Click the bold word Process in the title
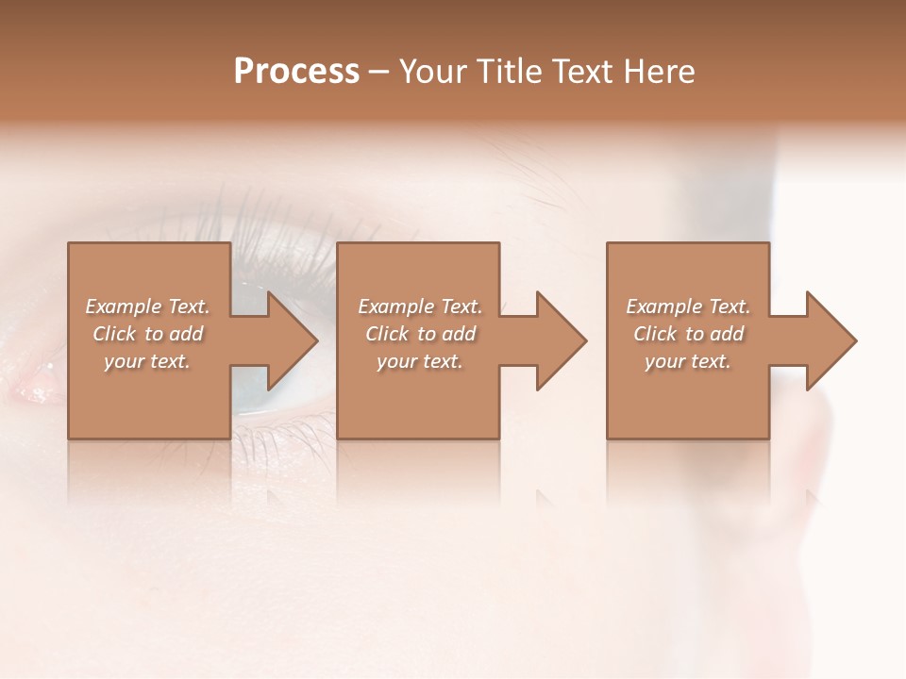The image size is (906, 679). tap(296, 72)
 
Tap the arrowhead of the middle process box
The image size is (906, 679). tap(560, 340)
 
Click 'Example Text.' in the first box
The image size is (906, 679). tap(148, 306)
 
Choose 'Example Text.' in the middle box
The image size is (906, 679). tap(420, 306)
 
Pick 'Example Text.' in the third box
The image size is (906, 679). tap(688, 306)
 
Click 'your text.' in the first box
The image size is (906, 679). tap(148, 361)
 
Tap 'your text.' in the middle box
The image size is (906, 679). tap(420, 361)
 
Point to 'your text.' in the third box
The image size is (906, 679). tap(688, 361)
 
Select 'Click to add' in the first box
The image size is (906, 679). tap(148, 334)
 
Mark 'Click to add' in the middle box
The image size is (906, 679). tap(420, 334)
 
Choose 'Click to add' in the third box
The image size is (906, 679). tap(688, 334)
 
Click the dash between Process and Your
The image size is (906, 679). tap(379, 73)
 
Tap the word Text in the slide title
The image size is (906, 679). tap(582, 72)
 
